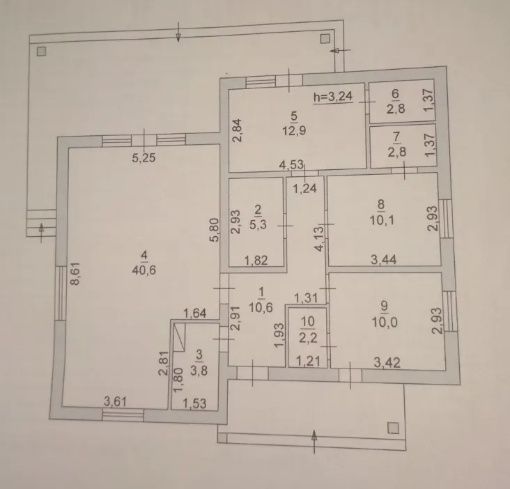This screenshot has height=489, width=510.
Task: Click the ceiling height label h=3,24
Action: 333,96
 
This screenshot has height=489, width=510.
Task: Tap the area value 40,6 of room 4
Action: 144,270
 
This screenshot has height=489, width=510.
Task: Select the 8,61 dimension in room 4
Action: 75,274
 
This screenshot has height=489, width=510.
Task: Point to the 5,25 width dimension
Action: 144,158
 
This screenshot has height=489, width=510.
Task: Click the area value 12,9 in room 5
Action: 294,131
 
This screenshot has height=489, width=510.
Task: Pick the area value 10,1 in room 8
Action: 382,220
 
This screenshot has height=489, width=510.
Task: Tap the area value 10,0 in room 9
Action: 385,323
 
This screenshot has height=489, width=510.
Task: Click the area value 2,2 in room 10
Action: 308,338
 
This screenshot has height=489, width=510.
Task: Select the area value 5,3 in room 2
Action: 258,224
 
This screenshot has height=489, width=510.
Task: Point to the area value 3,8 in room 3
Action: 199,371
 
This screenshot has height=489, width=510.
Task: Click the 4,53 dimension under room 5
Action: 291,164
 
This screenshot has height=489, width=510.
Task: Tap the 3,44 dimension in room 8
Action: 384,259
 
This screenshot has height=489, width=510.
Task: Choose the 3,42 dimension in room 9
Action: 387,362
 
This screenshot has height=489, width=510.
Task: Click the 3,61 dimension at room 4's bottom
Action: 115,401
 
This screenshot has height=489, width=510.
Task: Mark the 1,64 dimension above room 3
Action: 195,313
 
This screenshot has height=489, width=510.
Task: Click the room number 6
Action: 395,94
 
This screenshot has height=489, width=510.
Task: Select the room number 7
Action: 397,137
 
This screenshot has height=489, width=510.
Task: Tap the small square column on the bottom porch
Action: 393,428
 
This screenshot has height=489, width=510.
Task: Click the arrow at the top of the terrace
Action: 178,32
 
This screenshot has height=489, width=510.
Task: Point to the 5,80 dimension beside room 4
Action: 215,230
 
